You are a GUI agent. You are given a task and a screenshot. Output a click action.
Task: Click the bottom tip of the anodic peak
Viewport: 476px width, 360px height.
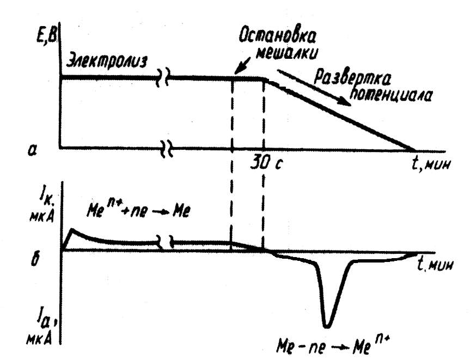[326, 326]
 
